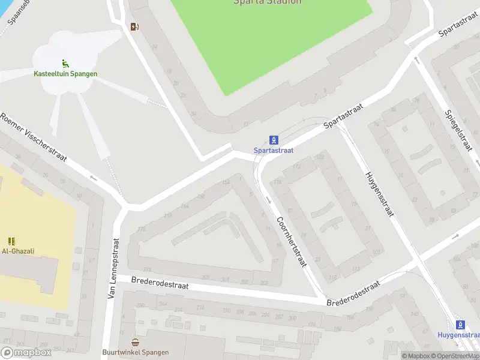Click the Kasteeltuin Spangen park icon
click(65, 64)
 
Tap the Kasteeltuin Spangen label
click(65, 74)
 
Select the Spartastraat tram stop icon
click(274, 140)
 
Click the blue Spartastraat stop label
click(274, 151)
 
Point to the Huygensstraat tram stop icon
click(460, 325)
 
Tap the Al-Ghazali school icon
click(13, 241)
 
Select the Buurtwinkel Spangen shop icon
click(136, 342)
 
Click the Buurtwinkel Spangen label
click(136, 352)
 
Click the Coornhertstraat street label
click(292, 241)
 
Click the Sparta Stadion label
click(267, 2)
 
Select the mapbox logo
click(26, 353)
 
